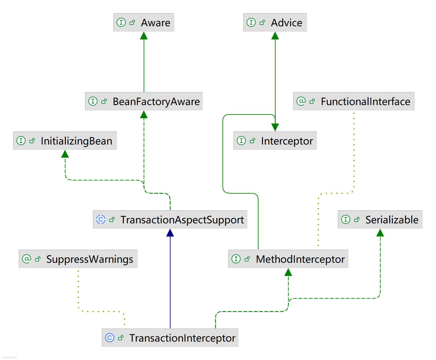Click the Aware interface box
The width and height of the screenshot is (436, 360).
[x=144, y=23]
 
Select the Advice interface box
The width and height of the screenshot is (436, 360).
[x=275, y=23]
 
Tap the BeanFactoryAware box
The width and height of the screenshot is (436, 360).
[x=144, y=101]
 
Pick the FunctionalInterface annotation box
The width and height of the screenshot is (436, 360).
[x=354, y=101]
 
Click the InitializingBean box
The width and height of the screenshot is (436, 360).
[x=65, y=141]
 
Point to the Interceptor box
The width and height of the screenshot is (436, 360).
[x=275, y=141]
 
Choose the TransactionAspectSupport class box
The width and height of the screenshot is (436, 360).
[x=170, y=220]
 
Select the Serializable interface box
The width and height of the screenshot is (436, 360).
[x=380, y=220]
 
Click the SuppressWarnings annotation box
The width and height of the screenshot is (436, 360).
[x=78, y=259]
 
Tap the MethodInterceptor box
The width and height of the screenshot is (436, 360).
[x=288, y=259]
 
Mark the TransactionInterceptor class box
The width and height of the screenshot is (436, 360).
[x=170, y=338]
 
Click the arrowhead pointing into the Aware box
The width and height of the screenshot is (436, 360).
[x=144, y=36]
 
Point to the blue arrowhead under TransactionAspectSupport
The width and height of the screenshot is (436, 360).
[x=170, y=233]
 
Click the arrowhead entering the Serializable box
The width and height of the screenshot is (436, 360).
[x=380, y=233]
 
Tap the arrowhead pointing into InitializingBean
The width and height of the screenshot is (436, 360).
[x=65, y=154]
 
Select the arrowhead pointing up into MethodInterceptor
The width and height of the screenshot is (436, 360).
[x=288, y=272]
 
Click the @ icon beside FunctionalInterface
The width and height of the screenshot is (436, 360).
[x=301, y=101]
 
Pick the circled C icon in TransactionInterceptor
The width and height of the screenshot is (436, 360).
[x=109, y=338]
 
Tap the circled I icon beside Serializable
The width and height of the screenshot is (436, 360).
[x=346, y=219]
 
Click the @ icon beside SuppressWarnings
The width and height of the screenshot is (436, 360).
[x=26, y=259]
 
